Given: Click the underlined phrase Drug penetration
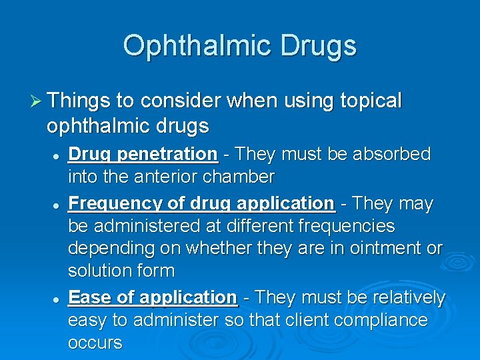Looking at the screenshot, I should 143,155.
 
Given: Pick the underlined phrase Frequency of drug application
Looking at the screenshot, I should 201,203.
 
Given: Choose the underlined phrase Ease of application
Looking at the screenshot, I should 153,297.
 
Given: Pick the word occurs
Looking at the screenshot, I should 95,343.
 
